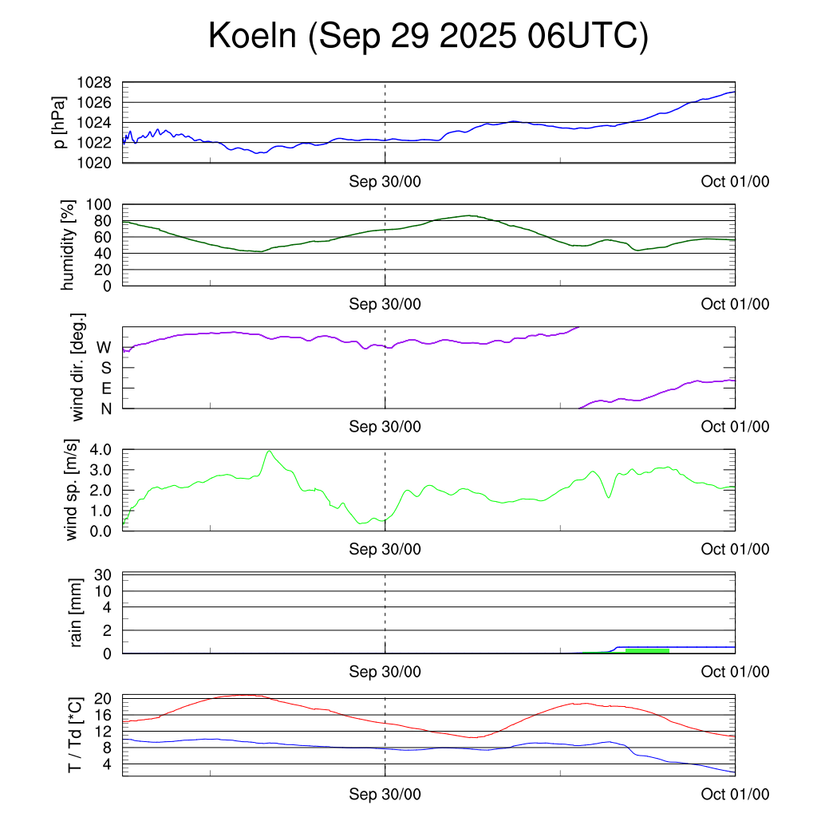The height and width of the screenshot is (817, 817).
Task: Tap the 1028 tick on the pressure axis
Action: pyautogui.click(x=94, y=83)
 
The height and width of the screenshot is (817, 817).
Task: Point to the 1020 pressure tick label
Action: pyautogui.click(x=94, y=162)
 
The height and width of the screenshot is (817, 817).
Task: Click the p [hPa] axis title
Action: pyautogui.click(x=60, y=122)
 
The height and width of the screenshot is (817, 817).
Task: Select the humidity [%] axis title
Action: pyautogui.click(x=69, y=245)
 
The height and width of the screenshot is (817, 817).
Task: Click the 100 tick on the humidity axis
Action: pyautogui.click(x=100, y=204)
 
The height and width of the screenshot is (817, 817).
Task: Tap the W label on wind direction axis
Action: pyautogui.click(x=104, y=347)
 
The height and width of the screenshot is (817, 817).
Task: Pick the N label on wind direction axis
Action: pyautogui.click(x=105, y=408)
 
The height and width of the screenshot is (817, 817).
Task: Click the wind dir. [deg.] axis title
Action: pyautogui.click(x=77, y=367)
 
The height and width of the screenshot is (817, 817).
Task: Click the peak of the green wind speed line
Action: pyautogui.click(x=270, y=452)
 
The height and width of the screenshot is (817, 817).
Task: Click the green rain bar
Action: pyautogui.click(x=646, y=651)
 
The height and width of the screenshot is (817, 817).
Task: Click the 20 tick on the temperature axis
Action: pyautogui.click(x=102, y=698)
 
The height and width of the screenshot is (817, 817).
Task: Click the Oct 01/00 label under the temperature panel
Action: pyautogui.click(x=735, y=794)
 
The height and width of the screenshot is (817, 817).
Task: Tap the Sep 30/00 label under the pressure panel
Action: pyautogui.click(x=385, y=181)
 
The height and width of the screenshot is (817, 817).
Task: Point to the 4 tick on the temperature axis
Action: pyautogui.click(x=106, y=764)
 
